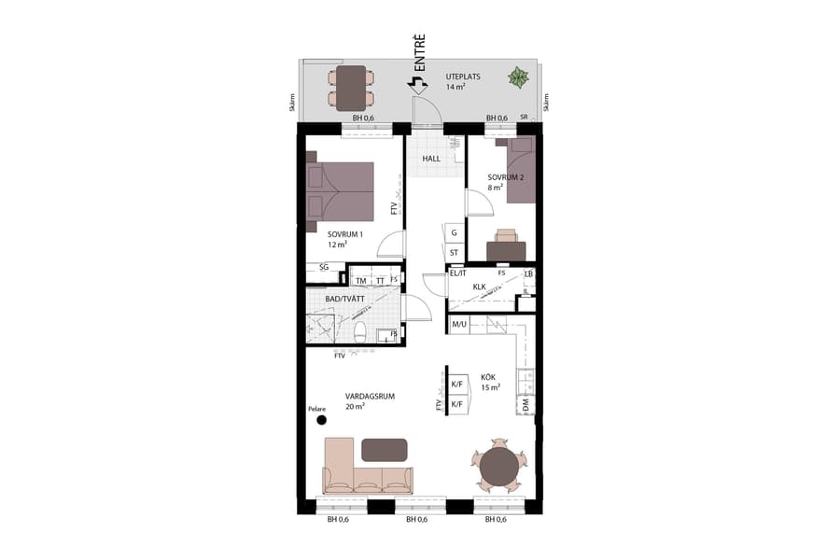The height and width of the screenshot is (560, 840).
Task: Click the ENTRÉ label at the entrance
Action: tap(420, 53)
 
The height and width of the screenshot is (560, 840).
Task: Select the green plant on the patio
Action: tap(516, 78)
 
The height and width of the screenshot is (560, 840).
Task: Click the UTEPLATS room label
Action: tap(463, 77)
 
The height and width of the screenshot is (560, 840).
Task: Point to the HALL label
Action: tap(431, 159)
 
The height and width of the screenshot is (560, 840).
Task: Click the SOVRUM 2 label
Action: tap(506, 177)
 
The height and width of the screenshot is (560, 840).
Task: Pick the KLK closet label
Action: tap(481, 287)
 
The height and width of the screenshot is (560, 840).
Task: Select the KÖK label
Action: tap(488, 377)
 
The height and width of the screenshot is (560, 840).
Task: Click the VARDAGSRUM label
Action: tap(370, 397)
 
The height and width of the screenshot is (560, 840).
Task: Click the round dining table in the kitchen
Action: tap(499, 467)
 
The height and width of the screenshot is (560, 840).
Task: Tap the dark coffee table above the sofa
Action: tap(384, 449)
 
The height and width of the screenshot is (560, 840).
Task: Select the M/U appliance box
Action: tap(459, 325)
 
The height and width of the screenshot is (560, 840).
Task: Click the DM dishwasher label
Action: tap(526, 404)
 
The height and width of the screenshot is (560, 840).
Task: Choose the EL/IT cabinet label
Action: tap(457, 273)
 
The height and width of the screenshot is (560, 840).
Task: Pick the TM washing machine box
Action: tap(360, 280)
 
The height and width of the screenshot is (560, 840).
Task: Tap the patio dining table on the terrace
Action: tap(352, 87)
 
